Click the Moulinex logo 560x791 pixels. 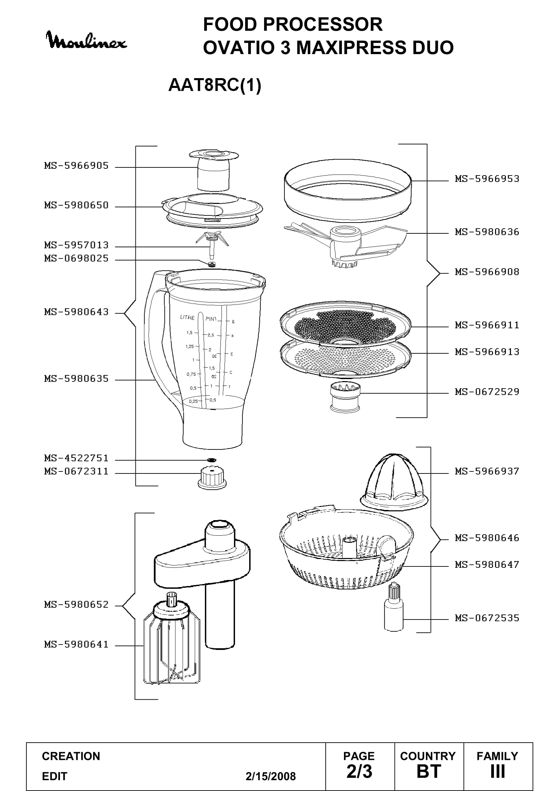tap(87, 41)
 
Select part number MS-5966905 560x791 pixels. tap(77, 166)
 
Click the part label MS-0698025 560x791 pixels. tap(77, 258)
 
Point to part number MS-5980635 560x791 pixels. tap(77, 379)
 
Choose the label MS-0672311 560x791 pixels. tap(77, 471)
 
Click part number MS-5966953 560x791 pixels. tap(487, 179)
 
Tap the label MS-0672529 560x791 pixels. tap(487, 392)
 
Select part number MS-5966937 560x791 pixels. tap(487, 471)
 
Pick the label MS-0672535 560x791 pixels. tap(487, 618)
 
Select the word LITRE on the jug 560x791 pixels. tap(187, 318)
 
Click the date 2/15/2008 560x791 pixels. tap(271, 776)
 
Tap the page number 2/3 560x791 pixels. tap(359, 771)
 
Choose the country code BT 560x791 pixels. tap(429, 771)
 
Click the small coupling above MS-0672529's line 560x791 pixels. tap(345, 397)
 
